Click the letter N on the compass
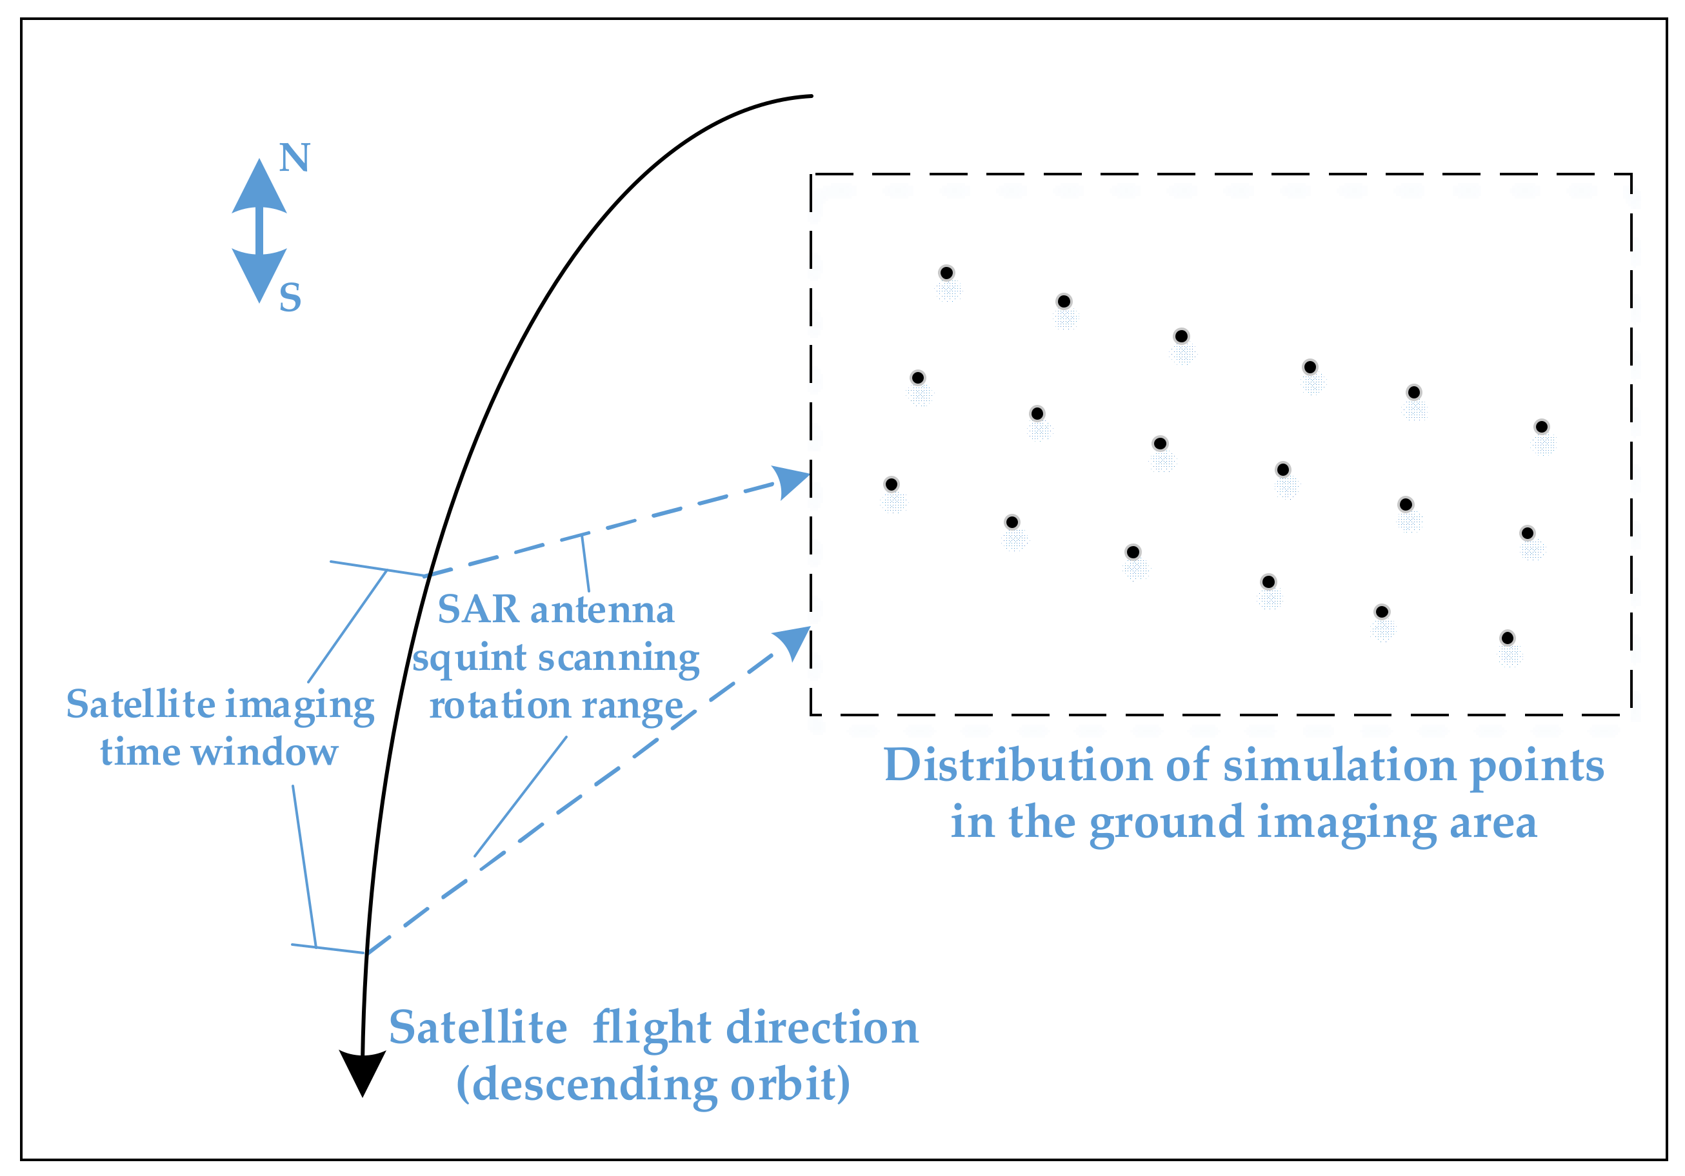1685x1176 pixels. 294,158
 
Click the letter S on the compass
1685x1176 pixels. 290,298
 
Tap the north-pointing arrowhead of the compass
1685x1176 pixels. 259,186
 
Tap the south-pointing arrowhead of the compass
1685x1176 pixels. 259,275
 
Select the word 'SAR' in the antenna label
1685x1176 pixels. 478,610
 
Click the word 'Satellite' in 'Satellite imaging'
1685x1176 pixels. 140,704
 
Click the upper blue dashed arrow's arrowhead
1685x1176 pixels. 792,481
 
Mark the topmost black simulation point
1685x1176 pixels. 947,273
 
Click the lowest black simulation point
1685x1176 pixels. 1508,638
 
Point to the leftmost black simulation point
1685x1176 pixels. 892,484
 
